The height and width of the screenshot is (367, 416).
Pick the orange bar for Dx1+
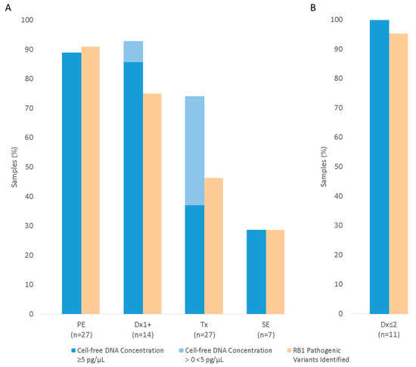pos(152,204)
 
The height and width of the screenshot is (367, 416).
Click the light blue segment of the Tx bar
pos(194,151)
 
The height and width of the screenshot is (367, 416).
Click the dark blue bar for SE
pos(256,272)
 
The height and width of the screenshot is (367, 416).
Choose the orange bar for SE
pos(275,272)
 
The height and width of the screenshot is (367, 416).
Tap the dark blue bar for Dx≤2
pos(379,166)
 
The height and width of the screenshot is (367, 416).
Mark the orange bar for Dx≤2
pos(399,173)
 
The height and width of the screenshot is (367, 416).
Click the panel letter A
pos(7,8)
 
